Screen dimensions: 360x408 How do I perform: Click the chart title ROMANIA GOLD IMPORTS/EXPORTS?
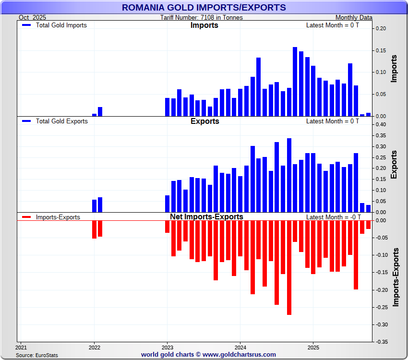pos(204,7)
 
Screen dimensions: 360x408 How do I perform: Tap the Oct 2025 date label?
pos(33,17)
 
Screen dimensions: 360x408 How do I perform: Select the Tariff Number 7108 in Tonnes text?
pos(202,17)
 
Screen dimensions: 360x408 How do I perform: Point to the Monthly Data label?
pos(354,17)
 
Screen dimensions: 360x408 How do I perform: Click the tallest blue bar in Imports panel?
pos(295,82)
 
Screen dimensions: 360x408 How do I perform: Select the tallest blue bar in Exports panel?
pos(289,175)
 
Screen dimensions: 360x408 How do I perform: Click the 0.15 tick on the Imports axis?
pos(381,50)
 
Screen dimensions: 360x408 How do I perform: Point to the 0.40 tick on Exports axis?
pos(381,124)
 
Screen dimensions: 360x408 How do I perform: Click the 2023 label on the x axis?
pos(168,347)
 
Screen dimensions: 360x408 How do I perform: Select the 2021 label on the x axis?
pos(21,347)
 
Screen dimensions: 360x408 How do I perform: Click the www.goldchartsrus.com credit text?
pos(239,355)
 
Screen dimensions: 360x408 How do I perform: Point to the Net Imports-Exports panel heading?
pos(206,217)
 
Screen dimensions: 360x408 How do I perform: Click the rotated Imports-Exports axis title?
pos(396,277)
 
